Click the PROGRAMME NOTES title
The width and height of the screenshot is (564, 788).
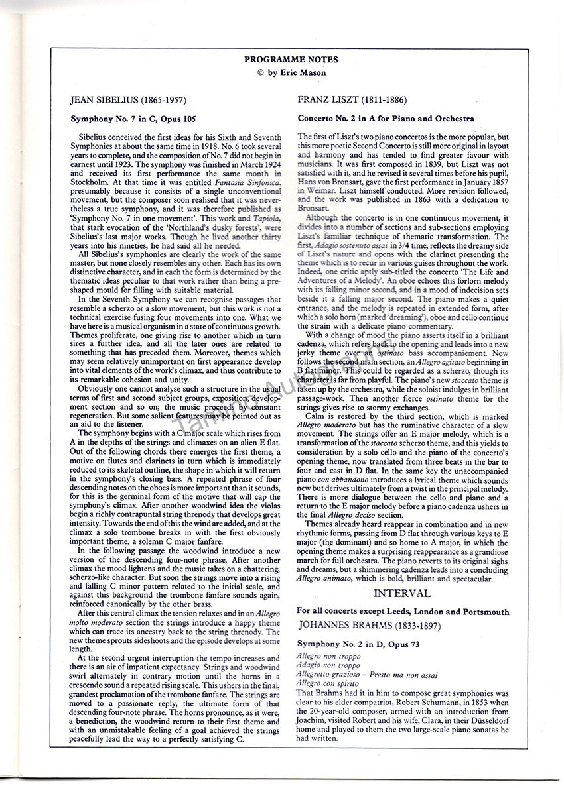281,58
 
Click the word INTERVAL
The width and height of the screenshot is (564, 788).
401,593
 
